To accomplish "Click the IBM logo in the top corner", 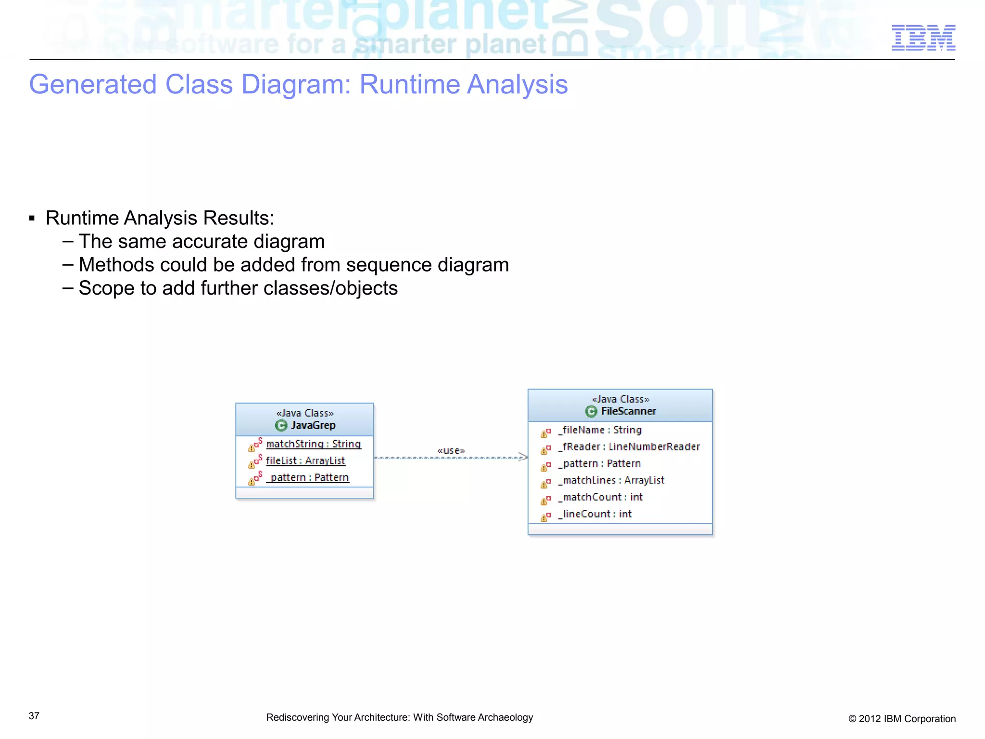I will (923, 38).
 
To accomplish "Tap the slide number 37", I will (34, 716).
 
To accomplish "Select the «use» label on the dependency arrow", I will (451, 451).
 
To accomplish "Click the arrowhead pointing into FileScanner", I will (523, 457).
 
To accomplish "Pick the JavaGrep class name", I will (313, 426).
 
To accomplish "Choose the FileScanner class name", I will (628, 412).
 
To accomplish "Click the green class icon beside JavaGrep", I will (281, 426).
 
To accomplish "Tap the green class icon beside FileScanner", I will (591, 412).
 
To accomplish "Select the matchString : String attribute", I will (313, 444).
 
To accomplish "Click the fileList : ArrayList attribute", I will (305, 461).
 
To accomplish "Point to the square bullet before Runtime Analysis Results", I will (32, 219).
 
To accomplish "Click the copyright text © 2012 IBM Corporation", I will (902, 719).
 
